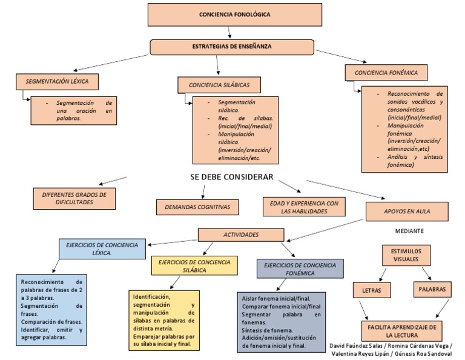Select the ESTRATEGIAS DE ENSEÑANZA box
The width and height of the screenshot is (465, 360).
pos(231,47)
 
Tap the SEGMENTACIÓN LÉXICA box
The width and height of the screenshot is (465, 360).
pos(57,81)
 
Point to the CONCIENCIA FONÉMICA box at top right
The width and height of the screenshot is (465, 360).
pos(386,73)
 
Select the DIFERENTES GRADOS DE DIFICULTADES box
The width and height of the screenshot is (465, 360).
pos(74,198)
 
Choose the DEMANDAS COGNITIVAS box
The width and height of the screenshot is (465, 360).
pos(197,207)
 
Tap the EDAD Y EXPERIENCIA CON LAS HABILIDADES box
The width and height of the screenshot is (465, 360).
pos(303,207)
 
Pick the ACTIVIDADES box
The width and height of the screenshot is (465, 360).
pos(241,235)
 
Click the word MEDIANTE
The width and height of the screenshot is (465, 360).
pos(409,232)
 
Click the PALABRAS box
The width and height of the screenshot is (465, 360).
pos(432,290)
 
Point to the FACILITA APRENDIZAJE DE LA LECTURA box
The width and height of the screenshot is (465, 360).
pos(402,330)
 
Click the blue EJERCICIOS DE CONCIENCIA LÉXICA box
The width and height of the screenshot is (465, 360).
pos(102,248)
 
